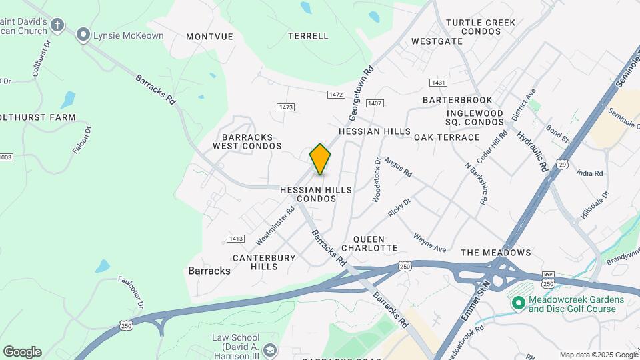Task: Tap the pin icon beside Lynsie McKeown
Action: [x=83, y=35]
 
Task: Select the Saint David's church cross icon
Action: [x=57, y=26]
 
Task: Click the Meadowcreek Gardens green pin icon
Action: [x=518, y=303]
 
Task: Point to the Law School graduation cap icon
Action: [x=269, y=350]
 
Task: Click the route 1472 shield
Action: [x=335, y=95]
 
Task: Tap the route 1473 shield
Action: [x=286, y=107]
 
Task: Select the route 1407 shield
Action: [x=375, y=103]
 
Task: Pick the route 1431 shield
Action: [x=438, y=83]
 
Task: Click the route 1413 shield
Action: [x=235, y=238]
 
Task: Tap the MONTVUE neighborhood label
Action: [x=209, y=37]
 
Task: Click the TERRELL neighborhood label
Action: [x=308, y=36]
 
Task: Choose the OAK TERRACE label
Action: [x=447, y=137]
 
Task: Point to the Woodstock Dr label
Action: [x=377, y=180]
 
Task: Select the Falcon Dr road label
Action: [x=81, y=140]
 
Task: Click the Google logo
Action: [x=22, y=352]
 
